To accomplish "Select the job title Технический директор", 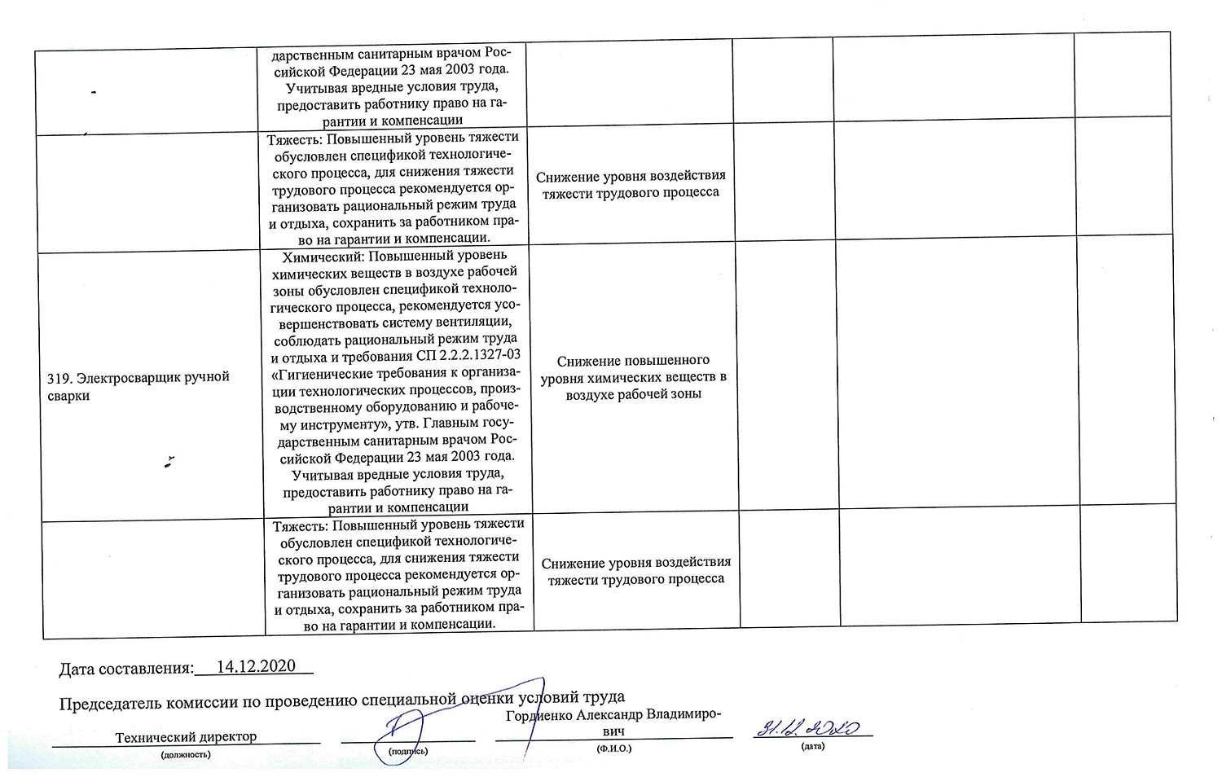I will click(x=186, y=737).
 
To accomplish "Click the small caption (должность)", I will click(x=186, y=754).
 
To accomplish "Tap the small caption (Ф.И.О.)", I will click(x=613, y=748).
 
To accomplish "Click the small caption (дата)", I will click(x=812, y=746).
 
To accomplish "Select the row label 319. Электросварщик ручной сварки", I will click(x=138, y=386).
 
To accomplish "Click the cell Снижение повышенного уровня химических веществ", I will click(x=633, y=377).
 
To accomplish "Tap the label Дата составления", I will click(x=126, y=669).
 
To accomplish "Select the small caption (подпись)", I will click(x=407, y=751).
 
